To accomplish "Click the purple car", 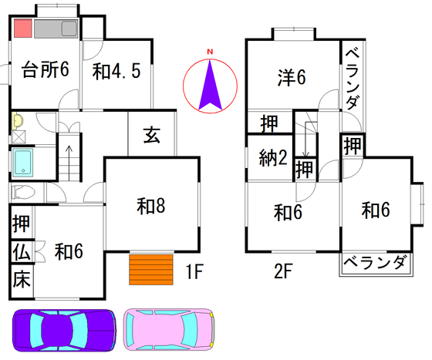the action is tap(64, 330).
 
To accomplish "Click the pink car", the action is tap(169, 330).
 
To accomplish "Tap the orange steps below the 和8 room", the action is tap(151, 270).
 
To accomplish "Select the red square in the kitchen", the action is tap(23, 28).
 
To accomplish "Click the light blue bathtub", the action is tap(23, 163).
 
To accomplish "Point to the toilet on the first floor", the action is tap(23, 192).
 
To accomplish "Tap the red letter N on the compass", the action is tap(210, 52).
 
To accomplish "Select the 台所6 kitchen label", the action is tap(46, 69).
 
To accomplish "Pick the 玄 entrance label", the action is tap(152, 135).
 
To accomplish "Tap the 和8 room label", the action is tap(151, 206).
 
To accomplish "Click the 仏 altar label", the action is tap(22, 252).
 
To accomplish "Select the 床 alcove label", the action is tap(22, 279).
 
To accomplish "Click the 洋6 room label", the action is tap(292, 77).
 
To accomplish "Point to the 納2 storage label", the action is tap(273, 158).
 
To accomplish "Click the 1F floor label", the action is tap(194, 271).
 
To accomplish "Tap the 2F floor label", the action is tap(282, 271).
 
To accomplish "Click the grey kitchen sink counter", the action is tap(56, 29).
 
